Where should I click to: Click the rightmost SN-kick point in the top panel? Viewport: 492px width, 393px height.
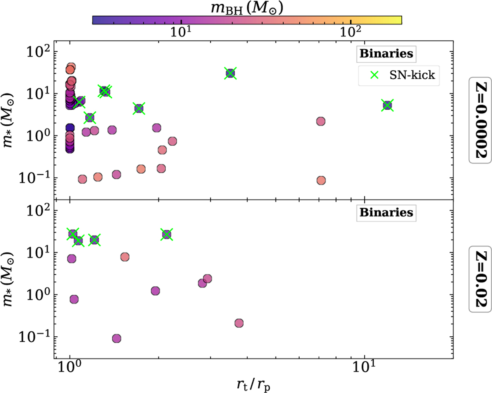387,105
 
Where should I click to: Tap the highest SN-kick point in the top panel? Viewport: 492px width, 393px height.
230,73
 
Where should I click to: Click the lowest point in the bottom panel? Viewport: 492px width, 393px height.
116,338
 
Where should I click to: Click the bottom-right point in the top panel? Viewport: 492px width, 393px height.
321,180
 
